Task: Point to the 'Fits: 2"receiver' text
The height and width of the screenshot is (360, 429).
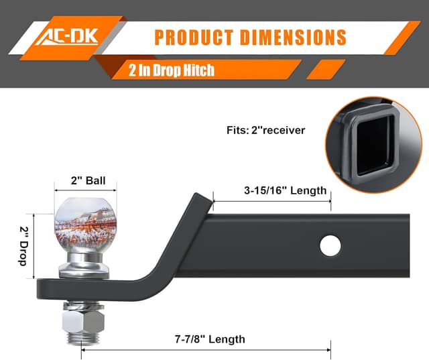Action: (x=265, y=130)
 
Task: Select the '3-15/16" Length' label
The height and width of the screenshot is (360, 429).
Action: (x=285, y=190)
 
